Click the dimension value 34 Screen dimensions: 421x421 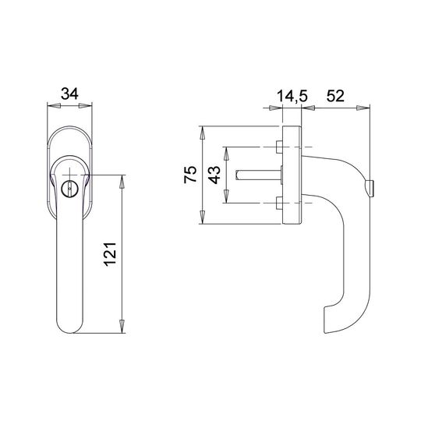69,94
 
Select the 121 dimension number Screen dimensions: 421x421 110,254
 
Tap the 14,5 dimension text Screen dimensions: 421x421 292,96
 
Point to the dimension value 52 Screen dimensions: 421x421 335,96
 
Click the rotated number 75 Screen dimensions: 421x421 190,175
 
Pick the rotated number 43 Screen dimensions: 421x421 214,175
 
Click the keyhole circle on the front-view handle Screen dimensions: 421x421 69,188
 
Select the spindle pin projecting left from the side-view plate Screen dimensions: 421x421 258,175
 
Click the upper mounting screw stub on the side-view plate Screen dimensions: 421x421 279,147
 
